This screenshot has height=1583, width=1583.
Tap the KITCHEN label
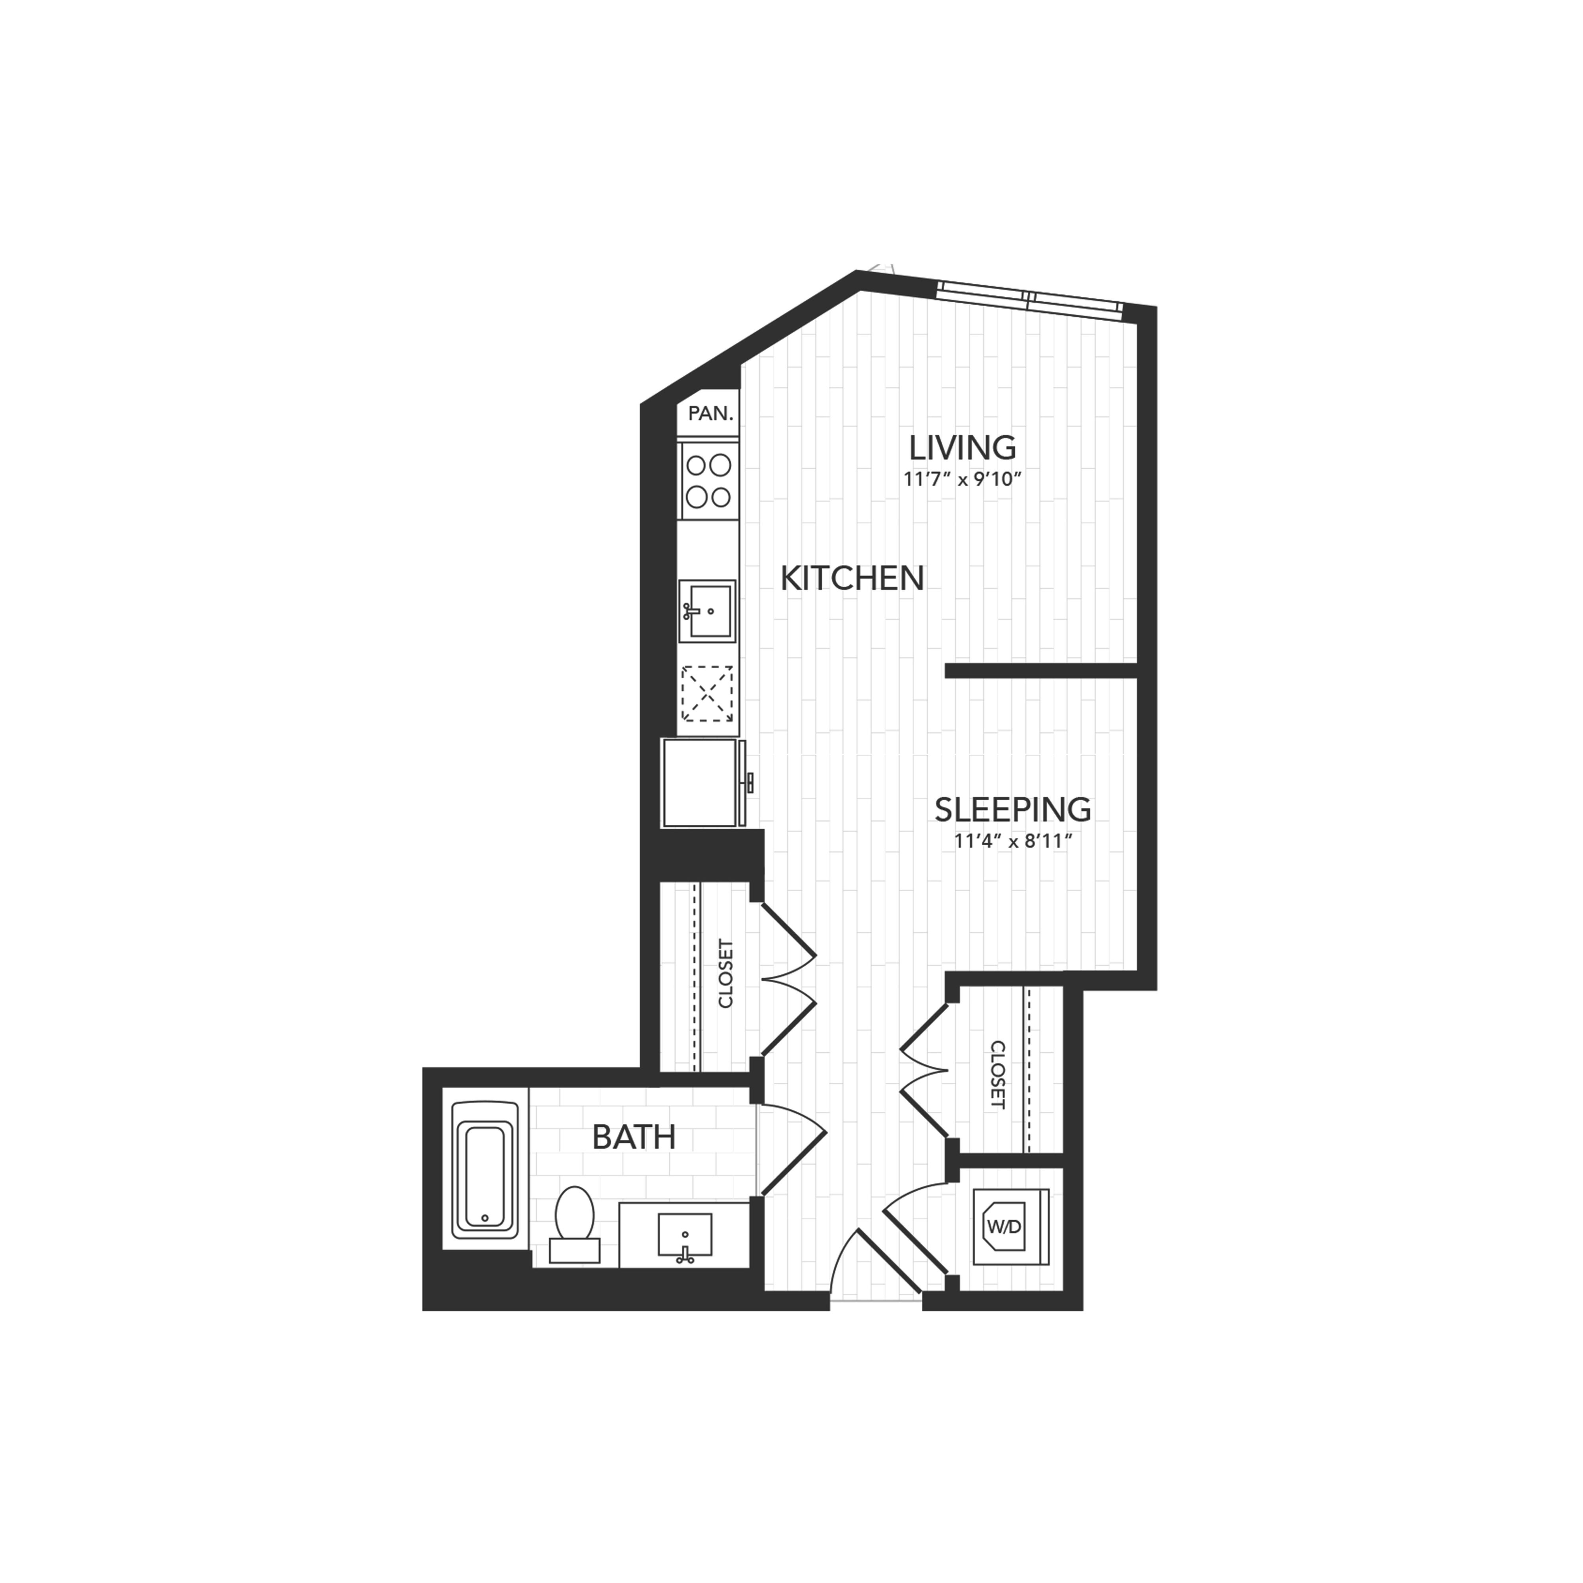[852, 579]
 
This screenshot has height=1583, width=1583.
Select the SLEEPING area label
[1013, 810]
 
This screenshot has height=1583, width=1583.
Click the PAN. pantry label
[710, 414]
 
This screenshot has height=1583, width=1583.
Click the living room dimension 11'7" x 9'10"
[964, 479]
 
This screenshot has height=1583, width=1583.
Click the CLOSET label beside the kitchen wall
[726, 974]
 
